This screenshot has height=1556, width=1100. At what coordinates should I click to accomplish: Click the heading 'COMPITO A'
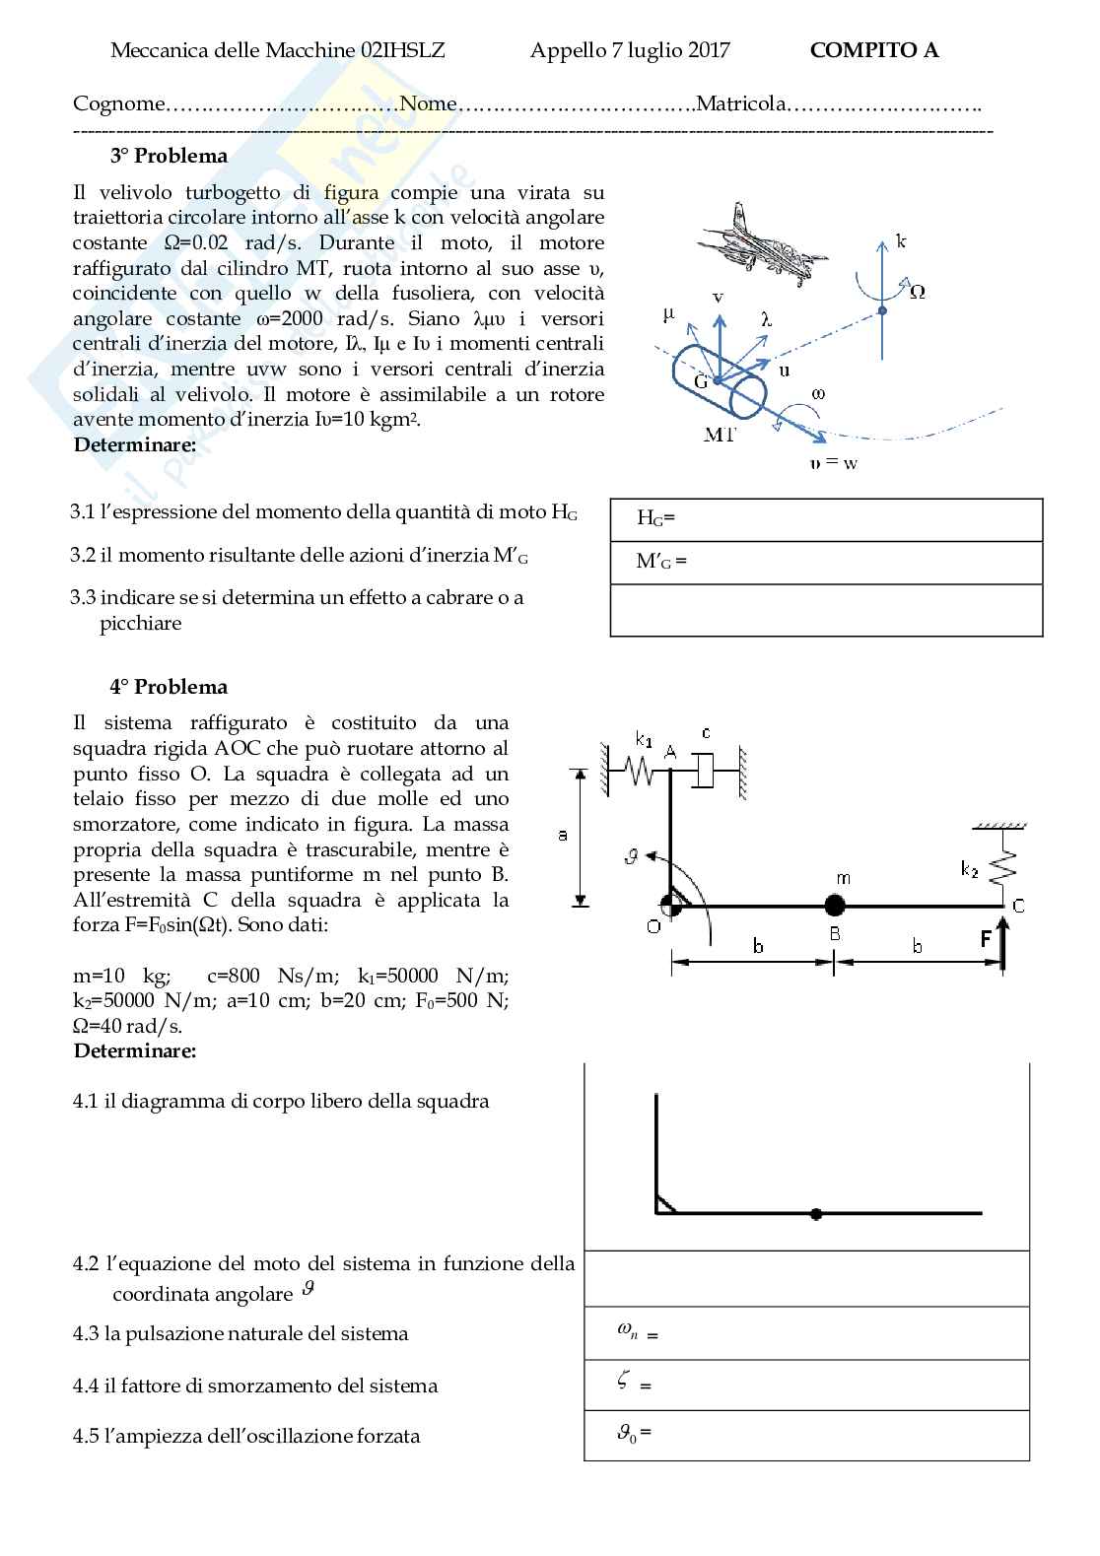[873, 50]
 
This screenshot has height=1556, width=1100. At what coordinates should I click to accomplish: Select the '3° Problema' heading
[169, 156]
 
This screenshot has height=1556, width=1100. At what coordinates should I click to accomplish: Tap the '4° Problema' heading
[169, 687]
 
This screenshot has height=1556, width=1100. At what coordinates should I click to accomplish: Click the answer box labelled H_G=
[826, 519]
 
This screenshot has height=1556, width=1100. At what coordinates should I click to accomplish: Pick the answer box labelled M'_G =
[826, 563]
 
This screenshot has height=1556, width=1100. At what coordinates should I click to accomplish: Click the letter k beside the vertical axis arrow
[901, 240]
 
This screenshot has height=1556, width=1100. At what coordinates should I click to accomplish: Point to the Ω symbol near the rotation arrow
[917, 292]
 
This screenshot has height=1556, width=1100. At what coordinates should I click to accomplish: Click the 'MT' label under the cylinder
[720, 435]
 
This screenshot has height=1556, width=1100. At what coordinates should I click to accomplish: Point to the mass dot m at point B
[835, 905]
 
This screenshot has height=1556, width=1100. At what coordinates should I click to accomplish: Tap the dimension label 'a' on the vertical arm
[563, 835]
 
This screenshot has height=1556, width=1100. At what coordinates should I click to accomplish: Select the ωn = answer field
[806, 1332]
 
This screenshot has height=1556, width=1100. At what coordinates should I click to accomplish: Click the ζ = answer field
[806, 1384]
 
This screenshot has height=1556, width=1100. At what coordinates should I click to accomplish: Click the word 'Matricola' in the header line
[741, 103]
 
